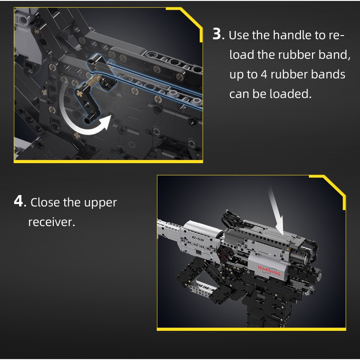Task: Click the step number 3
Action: coord(217,34)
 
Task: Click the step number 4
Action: coord(18,201)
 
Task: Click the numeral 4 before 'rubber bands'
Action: coord(264,75)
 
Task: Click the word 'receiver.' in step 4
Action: coord(51,222)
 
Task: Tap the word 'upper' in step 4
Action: coord(100,203)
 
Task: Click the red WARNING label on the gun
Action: coord(269,270)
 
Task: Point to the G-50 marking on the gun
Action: coord(198,239)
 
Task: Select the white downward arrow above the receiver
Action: coord(277,211)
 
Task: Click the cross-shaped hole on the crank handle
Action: coord(80,94)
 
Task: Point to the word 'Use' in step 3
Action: coord(238,35)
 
